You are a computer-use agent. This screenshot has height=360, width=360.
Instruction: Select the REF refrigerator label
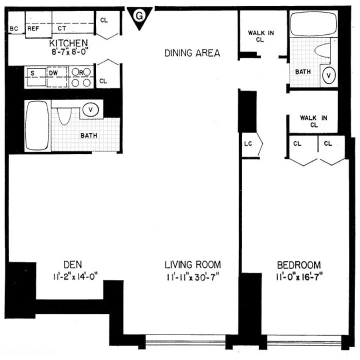pyautogui.click(x=33, y=29)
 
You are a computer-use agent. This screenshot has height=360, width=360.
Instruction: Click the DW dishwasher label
pyautogui.click(x=53, y=72)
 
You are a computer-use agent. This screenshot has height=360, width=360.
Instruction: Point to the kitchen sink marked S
pyautogui.click(x=32, y=73)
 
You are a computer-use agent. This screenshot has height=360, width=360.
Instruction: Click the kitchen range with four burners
pyautogui.click(x=80, y=77)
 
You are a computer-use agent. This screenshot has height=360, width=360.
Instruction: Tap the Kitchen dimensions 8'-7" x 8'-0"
pyautogui.click(x=65, y=50)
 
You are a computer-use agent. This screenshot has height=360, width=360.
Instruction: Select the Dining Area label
pyautogui.click(x=192, y=53)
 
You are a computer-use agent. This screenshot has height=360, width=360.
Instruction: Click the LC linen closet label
pyautogui.click(x=248, y=144)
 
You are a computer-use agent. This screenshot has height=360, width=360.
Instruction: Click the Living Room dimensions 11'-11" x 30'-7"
pyautogui.click(x=193, y=276)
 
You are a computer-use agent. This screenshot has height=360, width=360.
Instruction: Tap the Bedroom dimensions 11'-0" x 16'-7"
pyautogui.click(x=299, y=276)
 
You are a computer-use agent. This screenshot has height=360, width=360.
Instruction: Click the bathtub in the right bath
pyautogui.click(x=314, y=24)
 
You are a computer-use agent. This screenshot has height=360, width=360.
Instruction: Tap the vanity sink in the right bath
pyautogui.click(x=328, y=75)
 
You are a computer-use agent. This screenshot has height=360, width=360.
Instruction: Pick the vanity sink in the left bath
pyautogui.click(x=90, y=109)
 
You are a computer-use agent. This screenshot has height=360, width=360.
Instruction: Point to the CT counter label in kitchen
pyautogui.click(x=62, y=29)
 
